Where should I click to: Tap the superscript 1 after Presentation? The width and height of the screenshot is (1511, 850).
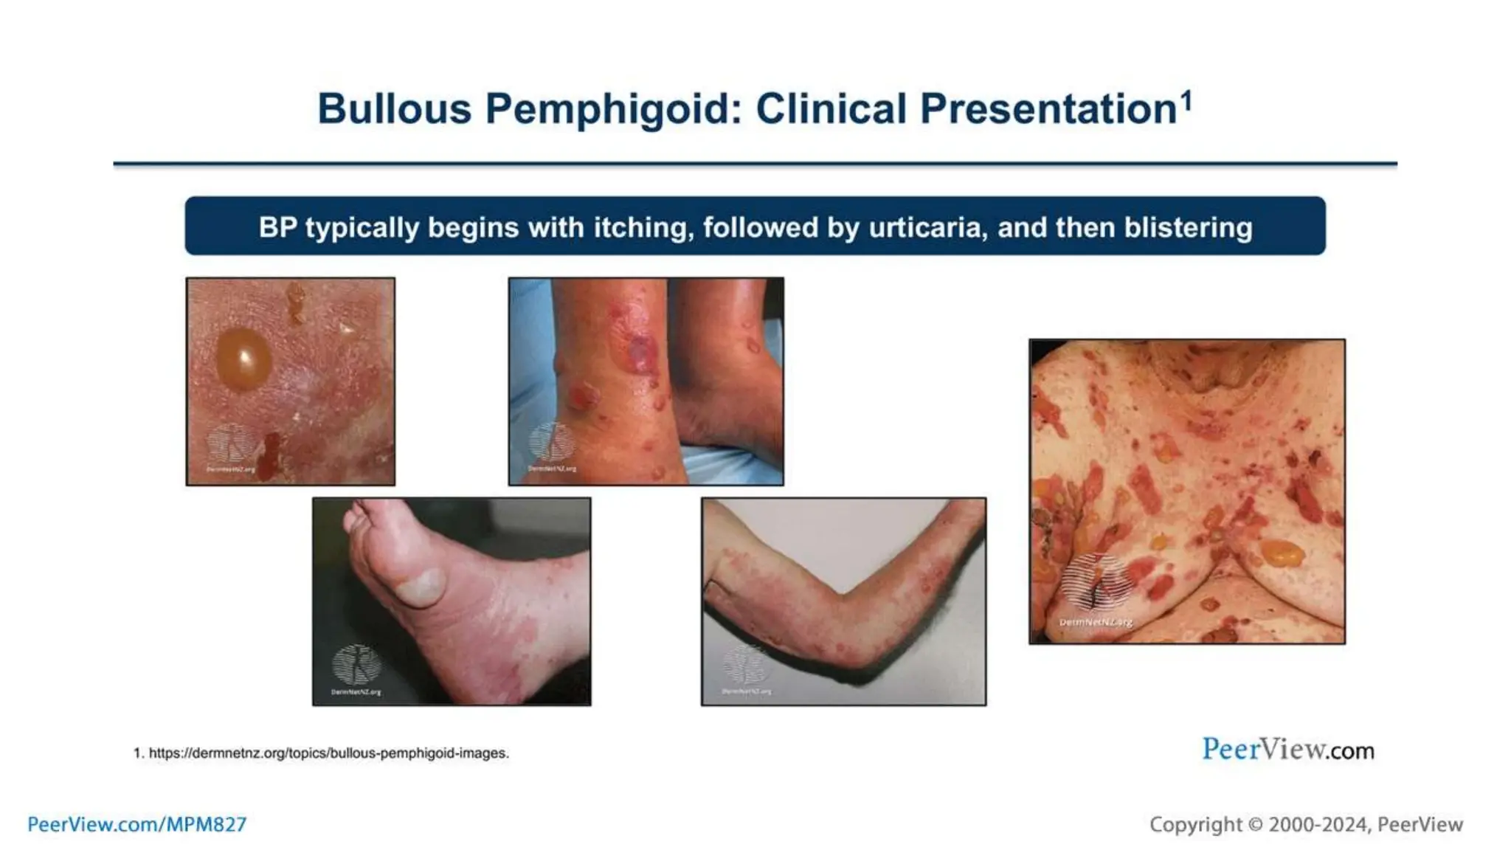tap(1186, 100)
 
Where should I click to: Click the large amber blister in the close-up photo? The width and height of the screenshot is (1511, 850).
tap(243, 359)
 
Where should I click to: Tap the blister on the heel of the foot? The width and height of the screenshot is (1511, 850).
tap(420, 588)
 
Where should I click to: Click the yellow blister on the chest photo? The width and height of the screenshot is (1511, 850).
tap(1282, 552)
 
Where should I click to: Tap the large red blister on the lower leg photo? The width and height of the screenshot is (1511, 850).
tap(640, 353)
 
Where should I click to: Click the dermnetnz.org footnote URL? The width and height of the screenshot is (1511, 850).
tap(328, 753)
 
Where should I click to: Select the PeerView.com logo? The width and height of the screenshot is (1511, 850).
tap(1287, 750)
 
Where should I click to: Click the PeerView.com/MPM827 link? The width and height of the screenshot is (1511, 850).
tap(137, 824)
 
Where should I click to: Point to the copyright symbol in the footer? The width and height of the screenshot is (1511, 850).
tap(1255, 825)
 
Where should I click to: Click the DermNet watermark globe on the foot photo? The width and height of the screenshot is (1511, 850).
tap(356, 663)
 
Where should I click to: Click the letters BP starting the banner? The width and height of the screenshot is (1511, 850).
tap(277, 227)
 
